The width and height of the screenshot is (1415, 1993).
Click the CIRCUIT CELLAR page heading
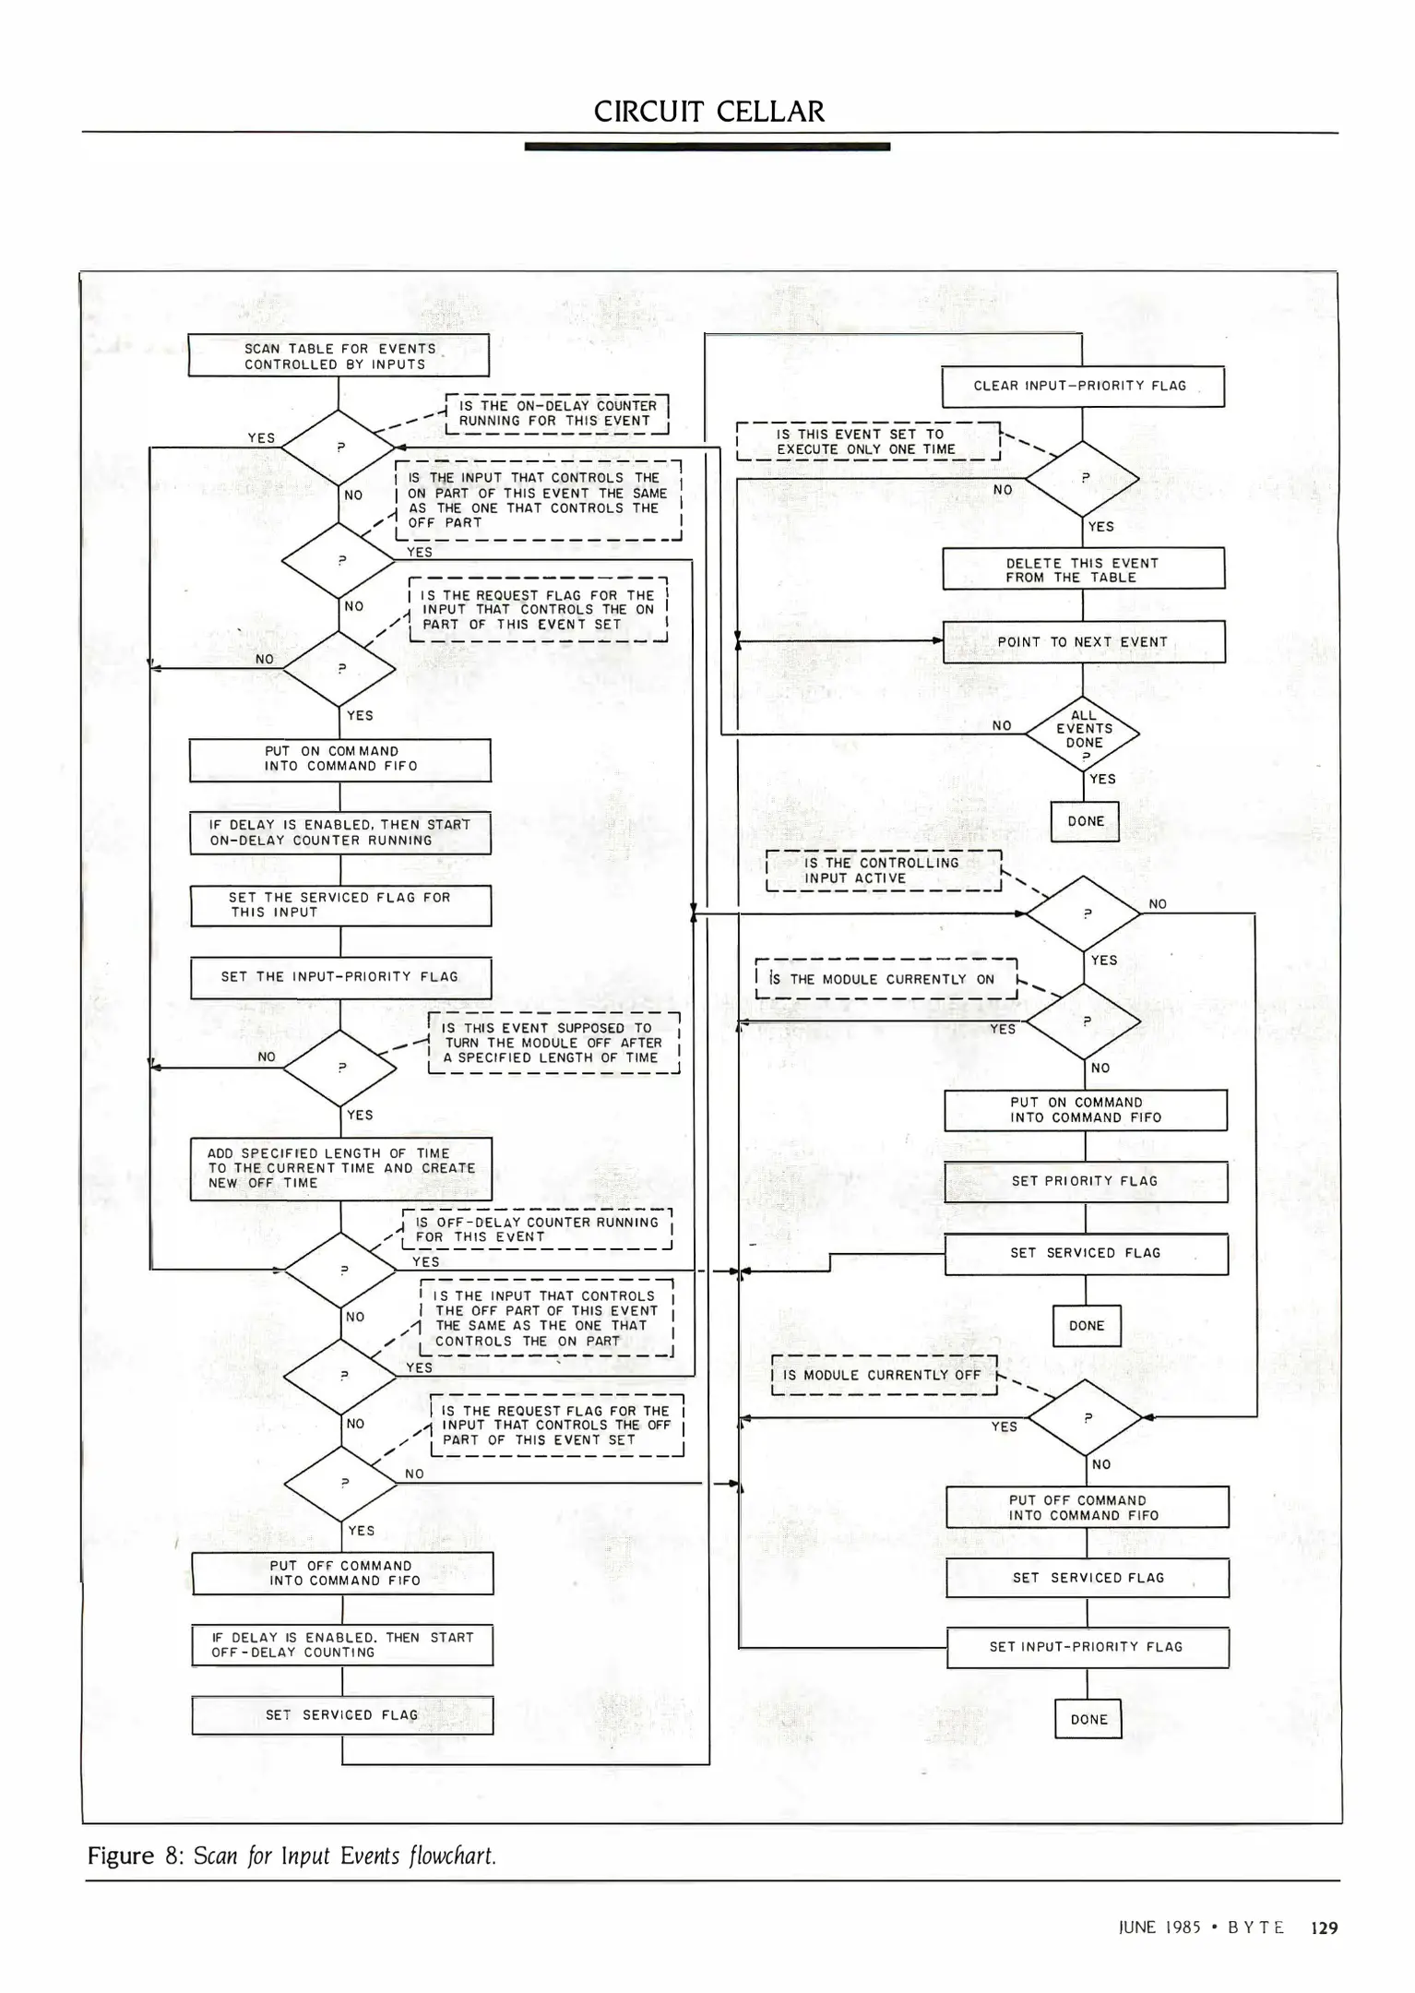coord(708,112)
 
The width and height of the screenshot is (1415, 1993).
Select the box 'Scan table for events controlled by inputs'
coord(339,355)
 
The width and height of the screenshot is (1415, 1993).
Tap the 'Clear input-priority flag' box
coord(1082,387)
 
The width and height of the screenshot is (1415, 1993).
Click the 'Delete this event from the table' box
coord(1083,569)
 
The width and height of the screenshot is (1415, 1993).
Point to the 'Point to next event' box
coord(1083,642)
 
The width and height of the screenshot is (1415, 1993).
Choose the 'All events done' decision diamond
coord(1084,734)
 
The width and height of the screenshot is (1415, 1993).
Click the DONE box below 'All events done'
coord(1085,821)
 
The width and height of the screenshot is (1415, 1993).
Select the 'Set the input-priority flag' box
coord(340,977)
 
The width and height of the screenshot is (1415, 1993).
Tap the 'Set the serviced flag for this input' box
coord(340,905)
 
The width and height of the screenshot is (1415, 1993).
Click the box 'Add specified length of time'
coord(340,1168)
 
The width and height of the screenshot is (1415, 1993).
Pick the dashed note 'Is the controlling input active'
coord(883,871)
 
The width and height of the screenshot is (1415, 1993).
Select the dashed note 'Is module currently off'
coord(884,1375)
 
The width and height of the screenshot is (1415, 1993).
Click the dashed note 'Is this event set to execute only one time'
coord(867,442)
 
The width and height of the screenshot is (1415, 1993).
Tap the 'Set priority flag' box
coord(1085,1181)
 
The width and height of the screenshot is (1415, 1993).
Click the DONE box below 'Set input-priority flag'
coord(1088,1719)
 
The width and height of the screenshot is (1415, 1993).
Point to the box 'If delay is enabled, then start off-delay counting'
coord(342,1644)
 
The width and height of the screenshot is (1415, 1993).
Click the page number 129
coord(1324,1927)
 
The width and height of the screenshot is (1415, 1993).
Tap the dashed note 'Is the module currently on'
coord(886,980)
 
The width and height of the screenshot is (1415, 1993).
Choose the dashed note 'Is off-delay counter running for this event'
coord(537,1230)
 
